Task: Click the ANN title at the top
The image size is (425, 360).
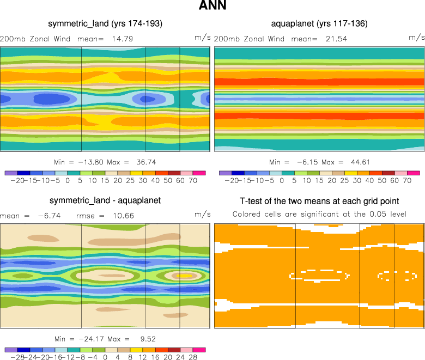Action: (x=212, y=7)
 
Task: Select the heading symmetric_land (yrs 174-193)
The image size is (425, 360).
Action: (x=105, y=24)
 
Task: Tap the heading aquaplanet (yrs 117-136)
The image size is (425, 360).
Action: (x=319, y=24)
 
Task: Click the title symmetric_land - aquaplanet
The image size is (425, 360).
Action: (x=105, y=201)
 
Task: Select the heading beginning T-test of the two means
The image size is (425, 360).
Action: (x=319, y=201)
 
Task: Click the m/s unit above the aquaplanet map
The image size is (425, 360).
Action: (x=416, y=38)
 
